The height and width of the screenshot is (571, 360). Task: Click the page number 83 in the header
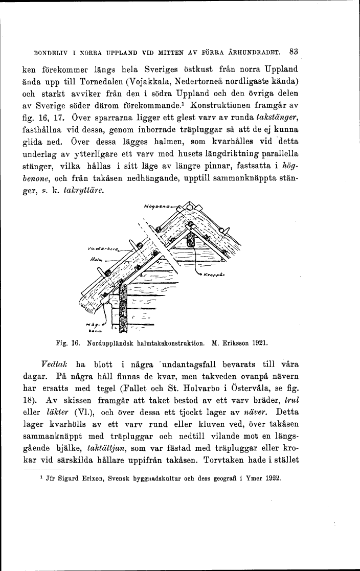293,51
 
